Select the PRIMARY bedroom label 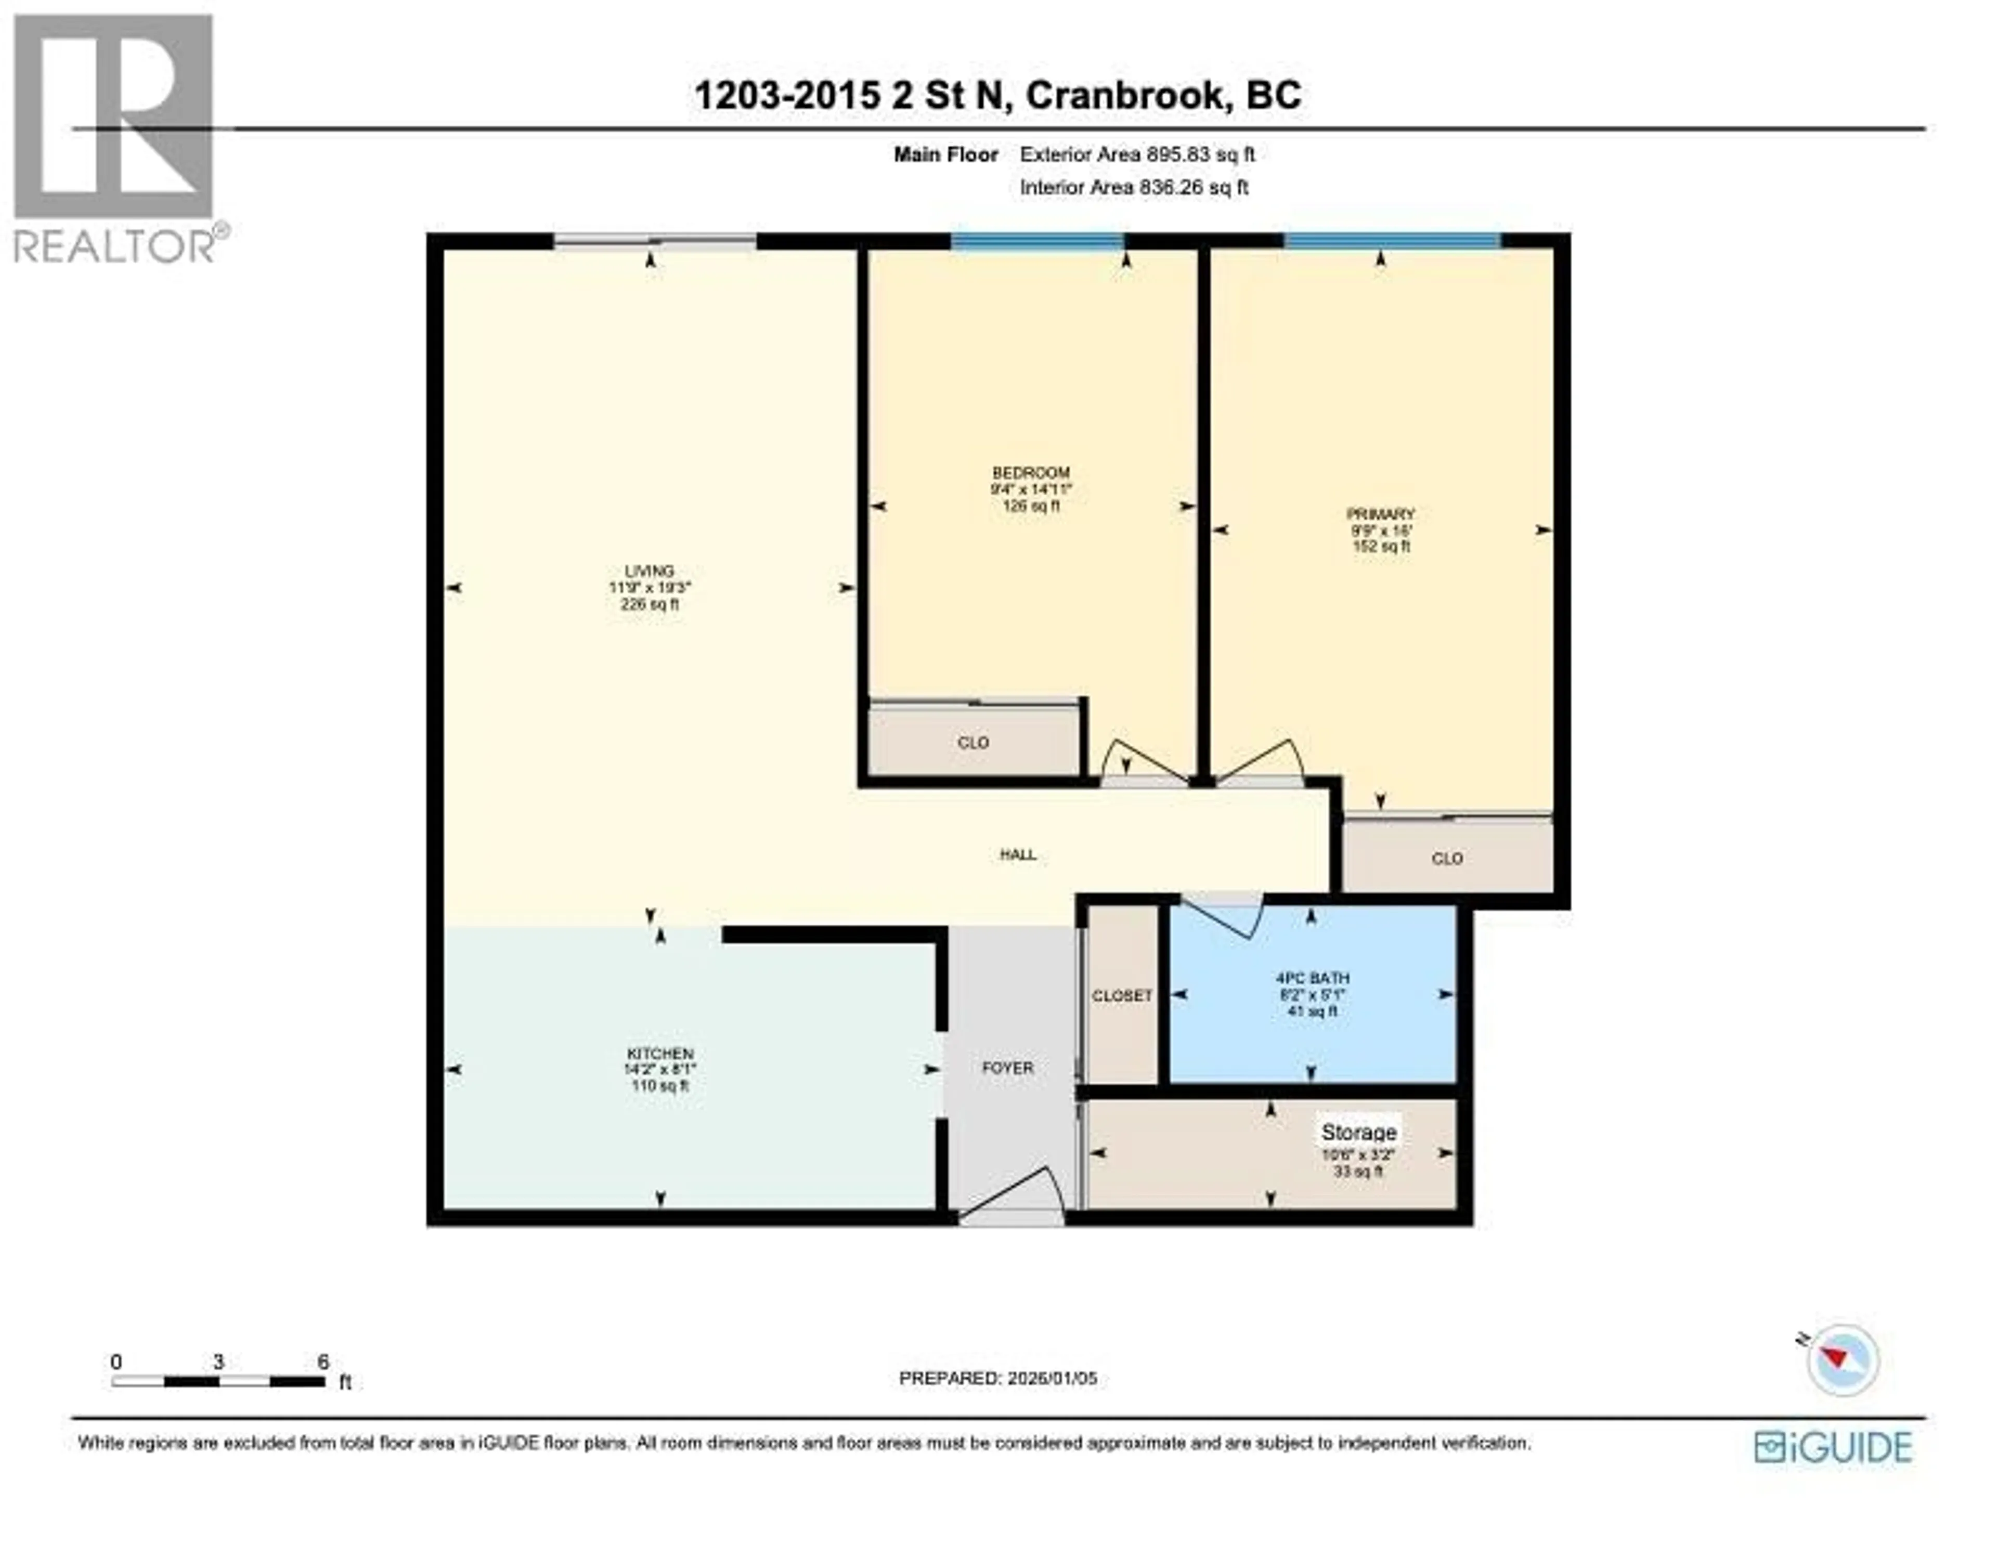coord(1381,514)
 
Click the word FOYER coord(1008,1067)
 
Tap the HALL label coord(1018,854)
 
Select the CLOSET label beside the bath coord(1122,996)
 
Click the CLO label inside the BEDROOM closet coord(973,743)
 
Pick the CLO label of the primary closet coord(1447,858)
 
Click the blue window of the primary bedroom coord(1392,241)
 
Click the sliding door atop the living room coord(655,241)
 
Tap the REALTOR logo coord(114,137)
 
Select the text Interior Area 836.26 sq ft coord(1134,188)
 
